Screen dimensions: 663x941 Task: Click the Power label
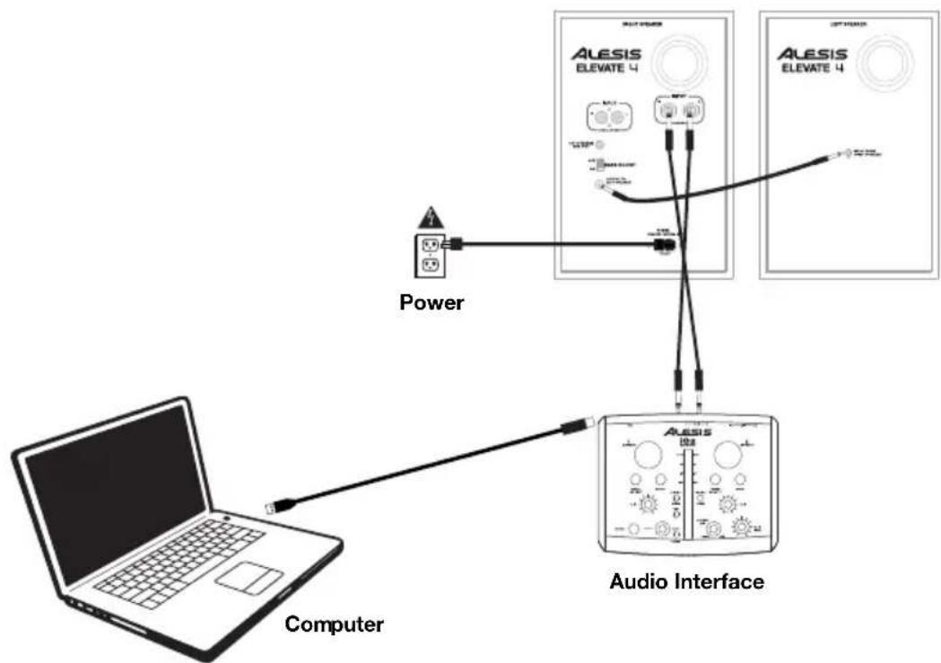(x=431, y=302)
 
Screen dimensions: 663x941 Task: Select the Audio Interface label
(x=687, y=581)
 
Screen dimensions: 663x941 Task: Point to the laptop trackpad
(x=248, y=574)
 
